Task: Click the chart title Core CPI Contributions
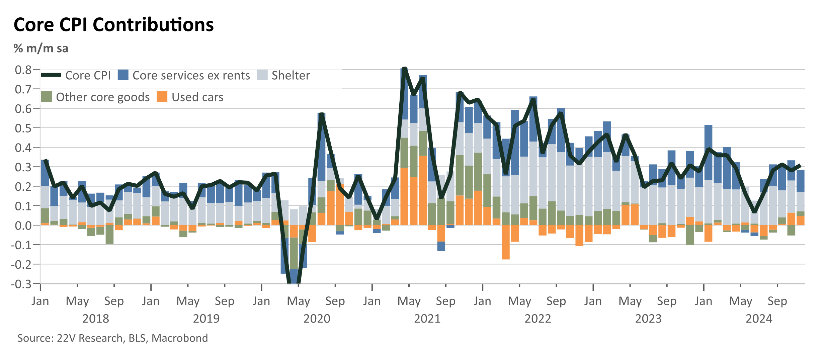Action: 113,25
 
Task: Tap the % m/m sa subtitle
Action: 41,49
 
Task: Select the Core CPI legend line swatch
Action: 51,75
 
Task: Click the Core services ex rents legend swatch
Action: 123,75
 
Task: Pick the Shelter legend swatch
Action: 262,75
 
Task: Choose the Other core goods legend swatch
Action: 47,97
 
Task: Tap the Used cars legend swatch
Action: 162,97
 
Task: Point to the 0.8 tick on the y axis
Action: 23,70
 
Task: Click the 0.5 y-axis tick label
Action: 23,128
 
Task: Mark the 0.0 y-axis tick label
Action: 23,226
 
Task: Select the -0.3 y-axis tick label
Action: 21,284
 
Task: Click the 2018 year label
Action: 96,319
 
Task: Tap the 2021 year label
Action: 427,319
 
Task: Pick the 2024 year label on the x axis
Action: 759,319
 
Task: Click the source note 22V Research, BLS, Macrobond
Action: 112,338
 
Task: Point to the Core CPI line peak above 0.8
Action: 405,68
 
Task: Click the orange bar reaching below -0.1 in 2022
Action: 506,242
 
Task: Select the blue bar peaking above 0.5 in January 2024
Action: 708,153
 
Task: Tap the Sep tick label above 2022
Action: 556,301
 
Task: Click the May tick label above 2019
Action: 188,301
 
